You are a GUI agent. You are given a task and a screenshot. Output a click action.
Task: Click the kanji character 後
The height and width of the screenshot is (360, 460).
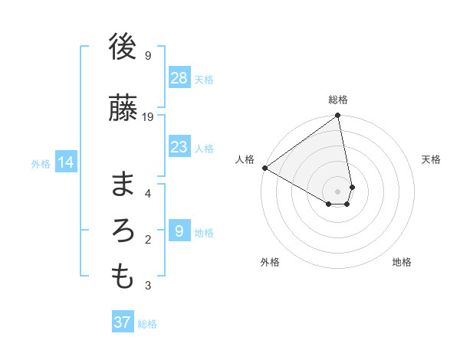pos(123,47)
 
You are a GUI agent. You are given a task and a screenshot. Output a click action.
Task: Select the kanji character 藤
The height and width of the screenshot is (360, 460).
pos(123,107)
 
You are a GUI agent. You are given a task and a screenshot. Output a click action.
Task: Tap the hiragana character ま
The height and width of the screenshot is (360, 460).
pos(123,184)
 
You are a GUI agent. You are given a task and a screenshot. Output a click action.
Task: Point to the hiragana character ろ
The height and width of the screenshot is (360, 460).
pos(123,231)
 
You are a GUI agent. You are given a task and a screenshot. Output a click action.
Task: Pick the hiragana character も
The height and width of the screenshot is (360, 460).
pos(123,277)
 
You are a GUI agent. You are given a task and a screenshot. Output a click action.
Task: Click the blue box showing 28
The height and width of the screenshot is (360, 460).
pos(179,78)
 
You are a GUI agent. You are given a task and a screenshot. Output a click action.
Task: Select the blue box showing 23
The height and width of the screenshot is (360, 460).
pos(179,147)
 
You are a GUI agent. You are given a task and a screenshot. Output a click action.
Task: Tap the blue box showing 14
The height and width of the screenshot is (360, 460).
pos(66,162)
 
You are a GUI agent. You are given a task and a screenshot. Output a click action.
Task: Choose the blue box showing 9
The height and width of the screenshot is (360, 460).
pos(179,231)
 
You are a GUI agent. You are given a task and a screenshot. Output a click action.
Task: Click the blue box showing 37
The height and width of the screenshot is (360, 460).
pos(123,322)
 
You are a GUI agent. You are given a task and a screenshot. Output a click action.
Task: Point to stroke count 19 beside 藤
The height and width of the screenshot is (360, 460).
pos(148,116)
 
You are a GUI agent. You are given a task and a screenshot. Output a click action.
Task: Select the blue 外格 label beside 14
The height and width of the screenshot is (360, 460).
pos(41,163)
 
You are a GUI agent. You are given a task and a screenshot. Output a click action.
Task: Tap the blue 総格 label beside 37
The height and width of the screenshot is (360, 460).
pos(147,323)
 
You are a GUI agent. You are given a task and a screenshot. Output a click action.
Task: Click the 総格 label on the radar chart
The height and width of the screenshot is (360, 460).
pos(338,100)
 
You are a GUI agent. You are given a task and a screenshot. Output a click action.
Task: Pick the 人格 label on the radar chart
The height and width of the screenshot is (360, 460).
pos(245,159)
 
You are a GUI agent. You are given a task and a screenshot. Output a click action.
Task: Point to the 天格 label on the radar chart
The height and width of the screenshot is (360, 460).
pos(432,159)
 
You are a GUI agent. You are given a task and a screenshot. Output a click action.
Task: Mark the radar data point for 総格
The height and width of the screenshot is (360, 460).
pos(338,116)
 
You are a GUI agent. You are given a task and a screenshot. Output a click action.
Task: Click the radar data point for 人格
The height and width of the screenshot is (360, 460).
pos(264,168)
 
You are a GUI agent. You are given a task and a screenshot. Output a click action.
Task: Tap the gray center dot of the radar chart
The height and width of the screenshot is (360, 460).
pos(338,191)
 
